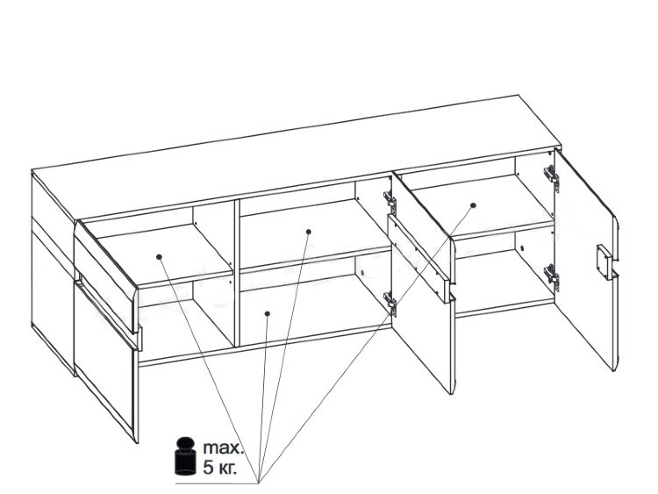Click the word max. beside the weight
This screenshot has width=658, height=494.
click(223, 447)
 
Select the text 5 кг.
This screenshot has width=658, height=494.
click(219, 468)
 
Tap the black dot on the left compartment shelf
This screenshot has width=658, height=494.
click(159, 257)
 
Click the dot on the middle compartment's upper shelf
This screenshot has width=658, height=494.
click(309, 232)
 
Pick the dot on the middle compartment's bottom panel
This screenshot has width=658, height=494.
click(268, 313)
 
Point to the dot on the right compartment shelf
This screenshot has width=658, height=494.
click(474, 205)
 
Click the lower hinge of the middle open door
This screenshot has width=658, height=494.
click(390, 302)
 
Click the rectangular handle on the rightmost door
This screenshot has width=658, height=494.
click(604, 261)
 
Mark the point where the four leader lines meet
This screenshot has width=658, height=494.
click(258, 483)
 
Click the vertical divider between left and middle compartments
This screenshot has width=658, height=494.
click(237, 273)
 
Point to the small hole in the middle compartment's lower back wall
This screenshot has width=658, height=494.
click(362, 273)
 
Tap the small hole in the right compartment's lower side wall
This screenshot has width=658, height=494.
click(522, 248)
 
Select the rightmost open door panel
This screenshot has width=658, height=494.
click(587, 260)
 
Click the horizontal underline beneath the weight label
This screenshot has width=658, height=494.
click(216, 484)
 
